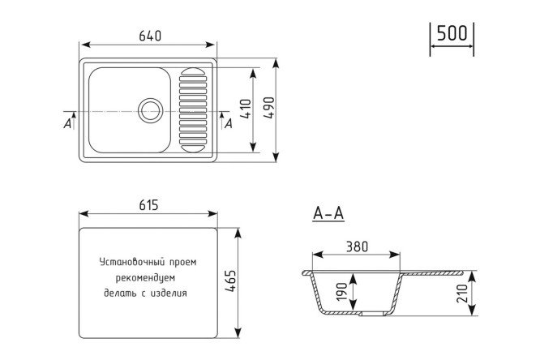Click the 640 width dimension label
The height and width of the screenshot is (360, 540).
[x=151, y=35]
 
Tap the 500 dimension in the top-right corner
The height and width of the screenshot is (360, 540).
[x=452, y=33]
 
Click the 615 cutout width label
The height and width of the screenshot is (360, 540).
[x=148, y=206]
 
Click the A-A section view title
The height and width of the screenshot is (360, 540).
[x=328, y=214]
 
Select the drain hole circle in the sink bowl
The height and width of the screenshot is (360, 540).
[x=150, y=109]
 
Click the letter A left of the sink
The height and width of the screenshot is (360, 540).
[x=66, y=123]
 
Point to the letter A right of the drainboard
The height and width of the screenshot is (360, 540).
[x=230, y=122]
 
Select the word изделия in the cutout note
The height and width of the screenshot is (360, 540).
[x=169, y=294]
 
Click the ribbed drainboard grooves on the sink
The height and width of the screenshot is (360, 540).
[x=193, y=109]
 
